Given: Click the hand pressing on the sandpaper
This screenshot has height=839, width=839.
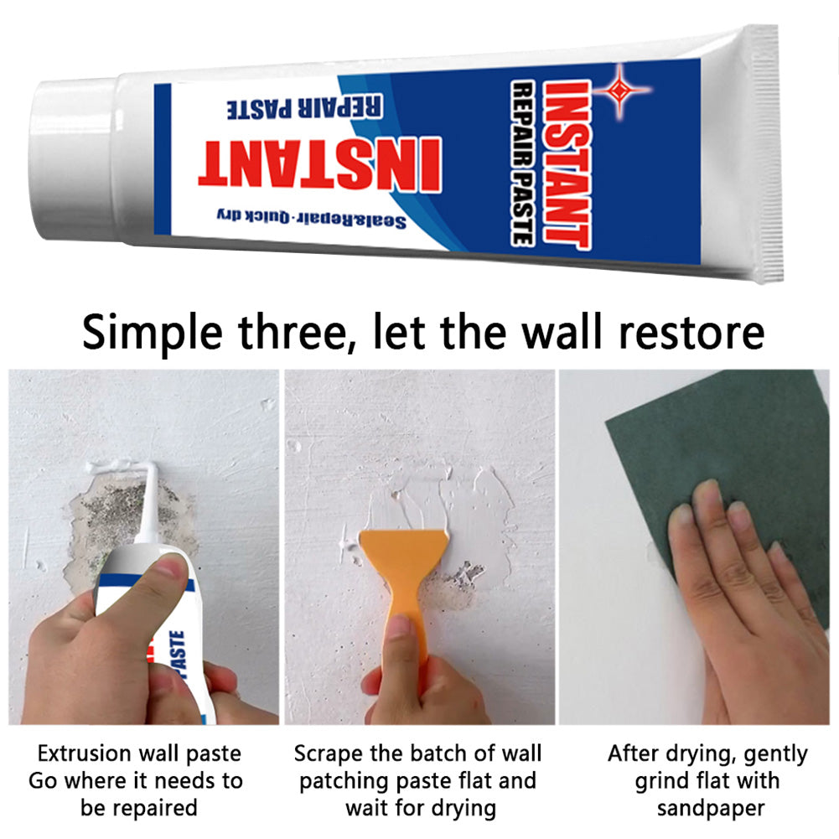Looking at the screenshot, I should point(738,603).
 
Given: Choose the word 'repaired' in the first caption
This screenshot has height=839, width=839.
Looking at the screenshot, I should point(155,808).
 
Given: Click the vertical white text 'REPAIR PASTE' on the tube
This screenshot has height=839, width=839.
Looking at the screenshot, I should point(520,163).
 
